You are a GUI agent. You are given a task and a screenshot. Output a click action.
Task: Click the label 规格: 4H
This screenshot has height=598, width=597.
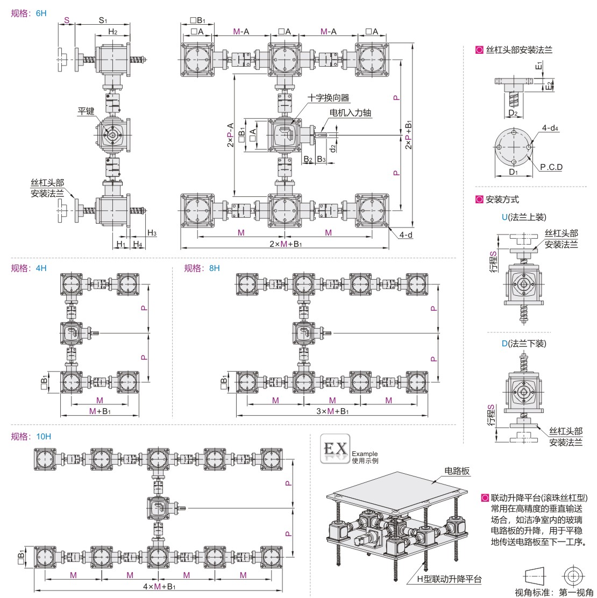click(29, 268)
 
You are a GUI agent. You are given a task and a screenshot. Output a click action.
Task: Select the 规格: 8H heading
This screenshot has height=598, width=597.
click(202, 268)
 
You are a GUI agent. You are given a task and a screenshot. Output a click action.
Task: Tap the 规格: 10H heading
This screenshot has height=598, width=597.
click(31, 436)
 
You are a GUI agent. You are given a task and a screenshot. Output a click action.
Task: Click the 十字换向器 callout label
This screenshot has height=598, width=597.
click(329, 97)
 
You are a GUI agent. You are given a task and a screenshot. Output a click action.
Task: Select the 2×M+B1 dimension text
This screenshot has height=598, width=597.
click(285, 244)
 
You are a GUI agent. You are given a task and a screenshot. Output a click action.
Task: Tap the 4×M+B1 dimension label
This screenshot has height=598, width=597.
click(158, 586)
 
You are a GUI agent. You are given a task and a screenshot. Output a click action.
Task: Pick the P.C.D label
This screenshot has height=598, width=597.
click(552, 167)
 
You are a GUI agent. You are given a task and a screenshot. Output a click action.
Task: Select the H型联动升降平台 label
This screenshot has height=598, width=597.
click(449, 579)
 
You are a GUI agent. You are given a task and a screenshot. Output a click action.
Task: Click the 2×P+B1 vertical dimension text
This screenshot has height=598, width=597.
click(409, 134)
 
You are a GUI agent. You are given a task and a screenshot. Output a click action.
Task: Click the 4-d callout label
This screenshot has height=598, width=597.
click(407, 234)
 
